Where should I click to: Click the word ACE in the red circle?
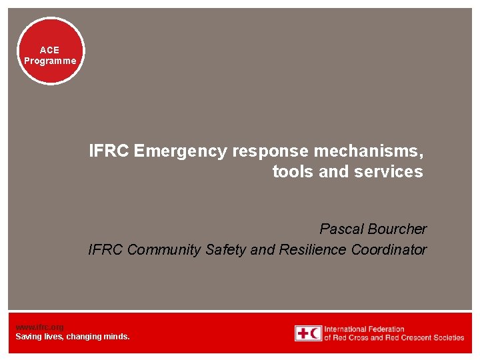click(49, 50)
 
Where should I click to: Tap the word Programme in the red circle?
click(50, 61)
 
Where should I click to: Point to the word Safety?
click(226, 250)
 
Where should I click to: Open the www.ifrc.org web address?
click(39, 327)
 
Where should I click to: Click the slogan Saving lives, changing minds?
click(73, 337)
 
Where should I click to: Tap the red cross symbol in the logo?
click(302, 333)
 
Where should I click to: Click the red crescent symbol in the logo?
click(315, 333)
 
